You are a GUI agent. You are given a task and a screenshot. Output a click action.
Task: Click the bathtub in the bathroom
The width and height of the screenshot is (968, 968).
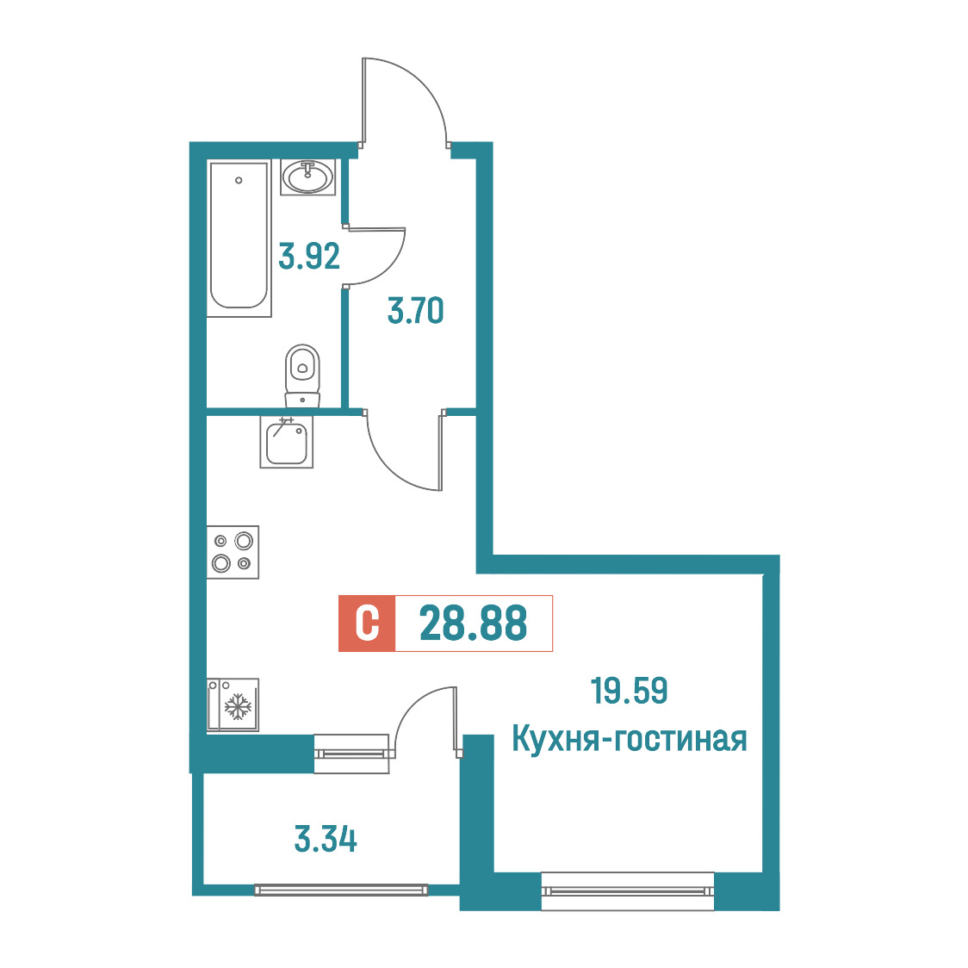coord(239,239)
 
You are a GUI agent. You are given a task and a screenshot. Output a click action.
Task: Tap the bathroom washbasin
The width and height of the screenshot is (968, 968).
coord(307,177)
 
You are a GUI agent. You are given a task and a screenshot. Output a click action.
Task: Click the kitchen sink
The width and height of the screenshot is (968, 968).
coord(287,442)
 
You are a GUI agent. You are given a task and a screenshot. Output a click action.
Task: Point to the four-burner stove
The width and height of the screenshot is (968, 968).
coord(233,552)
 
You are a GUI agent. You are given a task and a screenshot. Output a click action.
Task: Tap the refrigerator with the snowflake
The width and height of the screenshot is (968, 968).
coord(233,705)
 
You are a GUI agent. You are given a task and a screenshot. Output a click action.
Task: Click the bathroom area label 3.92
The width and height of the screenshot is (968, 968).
coord(309,256)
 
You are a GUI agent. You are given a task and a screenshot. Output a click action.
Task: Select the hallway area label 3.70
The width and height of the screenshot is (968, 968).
coord(415,311)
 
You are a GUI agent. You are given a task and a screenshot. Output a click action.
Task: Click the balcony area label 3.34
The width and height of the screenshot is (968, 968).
coord(326,840)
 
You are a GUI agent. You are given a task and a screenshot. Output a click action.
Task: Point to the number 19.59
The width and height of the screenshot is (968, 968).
coord(629,691)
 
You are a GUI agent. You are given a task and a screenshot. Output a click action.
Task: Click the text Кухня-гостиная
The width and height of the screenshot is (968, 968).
coord(629,738)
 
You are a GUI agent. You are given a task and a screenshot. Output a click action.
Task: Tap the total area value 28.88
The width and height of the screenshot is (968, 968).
coord(474,623)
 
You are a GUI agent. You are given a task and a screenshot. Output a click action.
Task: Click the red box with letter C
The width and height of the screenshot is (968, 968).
coord(367,624)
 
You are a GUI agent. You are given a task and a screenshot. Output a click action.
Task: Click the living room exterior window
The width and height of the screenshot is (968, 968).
coord(627,890)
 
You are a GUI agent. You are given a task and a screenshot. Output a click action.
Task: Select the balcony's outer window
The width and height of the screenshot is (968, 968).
coord(341,890)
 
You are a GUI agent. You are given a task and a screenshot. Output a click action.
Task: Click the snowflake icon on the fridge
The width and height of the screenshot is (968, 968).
coord(238,707)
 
